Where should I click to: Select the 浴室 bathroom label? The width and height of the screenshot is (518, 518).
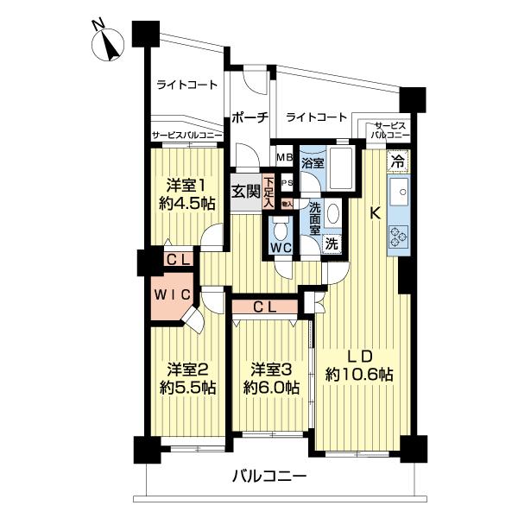tap(313, 161)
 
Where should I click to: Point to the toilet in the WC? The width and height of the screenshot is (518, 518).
tap(280, 230)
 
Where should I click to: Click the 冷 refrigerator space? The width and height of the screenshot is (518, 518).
tap(397, 160)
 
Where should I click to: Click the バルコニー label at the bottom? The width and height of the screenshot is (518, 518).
tap(268, 476)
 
